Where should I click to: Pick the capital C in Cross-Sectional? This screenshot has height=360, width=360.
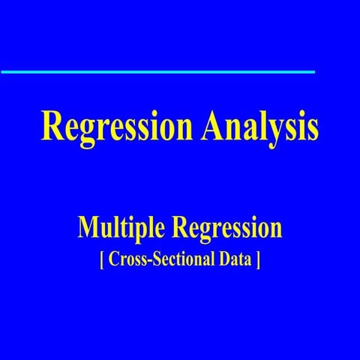click(113, 262)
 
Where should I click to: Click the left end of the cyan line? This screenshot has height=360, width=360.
click(2, 72)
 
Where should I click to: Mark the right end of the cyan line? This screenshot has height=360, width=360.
click(313, 72)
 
